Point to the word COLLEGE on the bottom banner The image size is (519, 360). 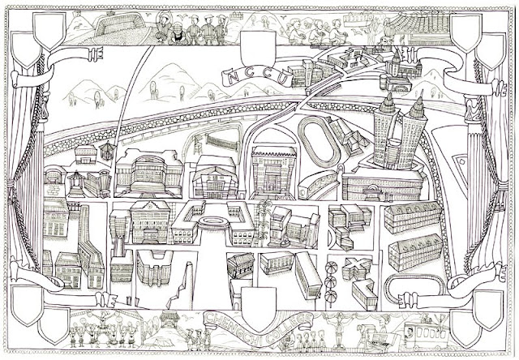[x=294, y=317]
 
